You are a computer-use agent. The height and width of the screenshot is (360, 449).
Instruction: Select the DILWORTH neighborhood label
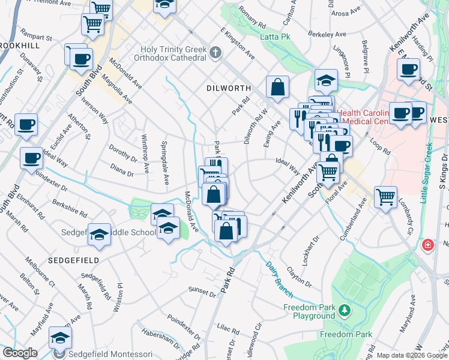tap(228, 87)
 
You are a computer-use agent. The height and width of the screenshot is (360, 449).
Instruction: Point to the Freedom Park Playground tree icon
tap(345, 310)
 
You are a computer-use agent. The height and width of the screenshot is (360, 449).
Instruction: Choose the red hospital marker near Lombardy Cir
tap(427, 245)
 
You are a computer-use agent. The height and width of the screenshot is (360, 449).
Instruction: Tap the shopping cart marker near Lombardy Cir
tap(385, 196)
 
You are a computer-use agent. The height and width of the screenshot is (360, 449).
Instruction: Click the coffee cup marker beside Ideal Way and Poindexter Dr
tap(31, 158)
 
